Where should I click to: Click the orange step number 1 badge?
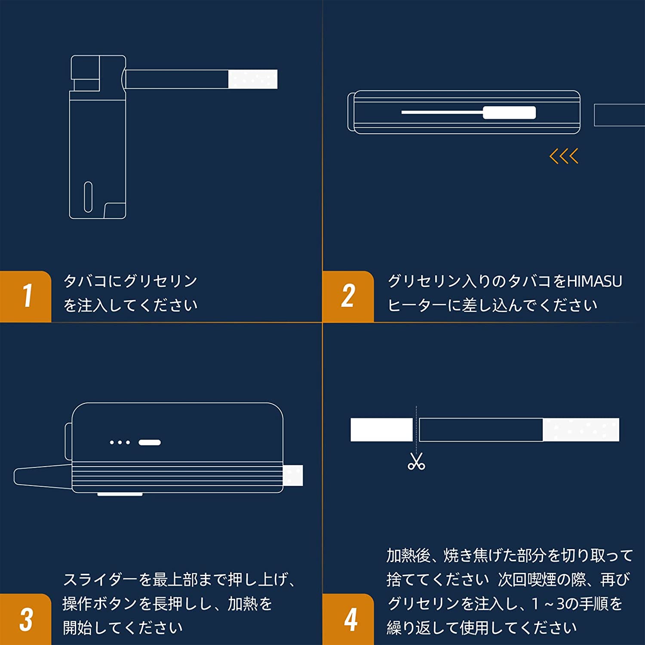pyautogui.click(x=25, y=296)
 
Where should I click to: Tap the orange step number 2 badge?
pyautogui.click(x=348, y=296)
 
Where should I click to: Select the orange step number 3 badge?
pyautogui.click(x=25, y=619)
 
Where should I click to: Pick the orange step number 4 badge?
pyautogui.click(x=348, y=619)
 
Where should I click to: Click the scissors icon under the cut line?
pyautogui.click(x=416, y=461)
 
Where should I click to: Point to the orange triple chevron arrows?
pyautogui.click(x=564, y=156)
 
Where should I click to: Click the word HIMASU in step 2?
pyautogui.click(x=595, y=281)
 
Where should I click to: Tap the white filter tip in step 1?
pyautogui.click(x=253, y=79)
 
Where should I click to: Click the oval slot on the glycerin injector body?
pyautogui.click(x=88, y=197)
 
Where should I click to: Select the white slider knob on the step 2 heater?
pyautogui.click(x=510, y=113)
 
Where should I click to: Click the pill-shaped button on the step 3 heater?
pyautogui.click(x=149, y=442)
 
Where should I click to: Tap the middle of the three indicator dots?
pyautogui.click(x=120, y=442)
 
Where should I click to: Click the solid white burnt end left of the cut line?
pyautogui.click(x=381, y=430)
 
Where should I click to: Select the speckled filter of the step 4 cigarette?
pyautogui.click(x=581, y=430)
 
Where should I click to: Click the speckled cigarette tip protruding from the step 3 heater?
pyautogui.click(x=293, y=476)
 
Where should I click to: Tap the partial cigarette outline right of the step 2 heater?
pyautogui.click(x=620, y=115)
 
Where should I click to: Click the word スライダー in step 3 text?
pyautogui.click(x=100, y=580)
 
